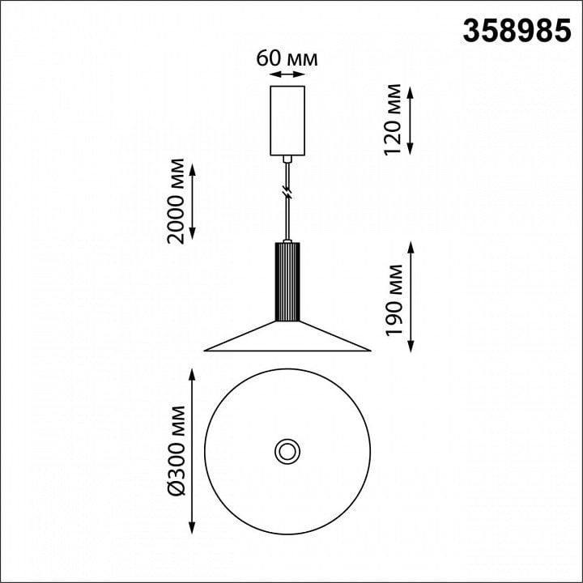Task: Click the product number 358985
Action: (x=517, y=32)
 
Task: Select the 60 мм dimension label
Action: (x=287, y=58)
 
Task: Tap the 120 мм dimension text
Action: (x=393, y=120)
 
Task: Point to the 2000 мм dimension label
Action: (x=176, y=201)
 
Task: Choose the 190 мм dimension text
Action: (x=394, y=300)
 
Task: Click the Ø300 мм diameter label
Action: (x=177, y=451)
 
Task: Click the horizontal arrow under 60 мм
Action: (x=287, y=74)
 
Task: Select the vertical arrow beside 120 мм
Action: (x=410, y=121)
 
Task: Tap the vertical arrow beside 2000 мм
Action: (x=192, y=201)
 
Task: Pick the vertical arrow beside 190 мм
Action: (x=411, y=296)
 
